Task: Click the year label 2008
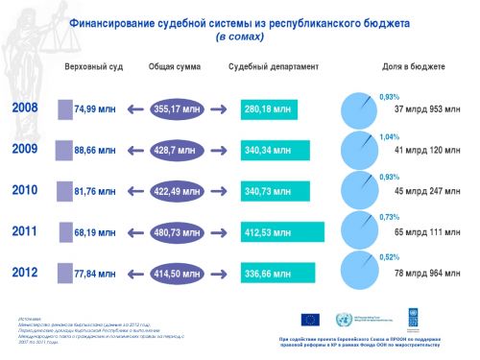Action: click(25, 108)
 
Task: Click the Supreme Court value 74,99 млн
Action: click(94, 109)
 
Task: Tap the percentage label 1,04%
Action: click(390, 137)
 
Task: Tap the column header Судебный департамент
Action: click(275, 67)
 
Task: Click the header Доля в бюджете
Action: click(413, 67)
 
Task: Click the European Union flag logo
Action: click(310, 320)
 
